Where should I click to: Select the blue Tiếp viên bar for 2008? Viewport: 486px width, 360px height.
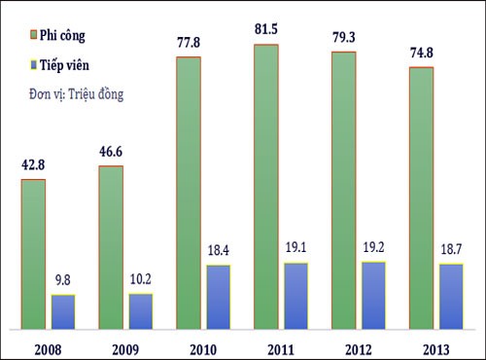click(63, 310)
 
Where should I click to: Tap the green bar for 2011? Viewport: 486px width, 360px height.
click(266, 185)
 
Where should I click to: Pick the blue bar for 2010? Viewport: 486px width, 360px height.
click(219, 296)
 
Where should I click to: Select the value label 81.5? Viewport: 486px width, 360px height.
click(266, 30)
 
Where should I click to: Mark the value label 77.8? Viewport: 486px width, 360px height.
click(189, 42)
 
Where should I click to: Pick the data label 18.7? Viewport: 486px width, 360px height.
click(452, 250)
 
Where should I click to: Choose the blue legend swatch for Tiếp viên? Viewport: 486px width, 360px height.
click(18, 68)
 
